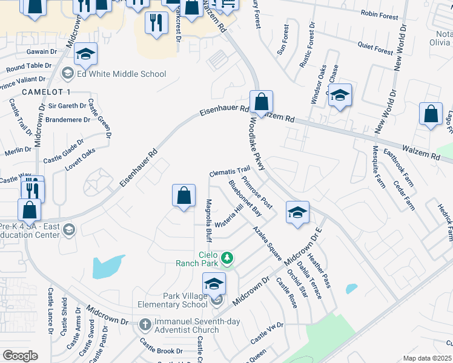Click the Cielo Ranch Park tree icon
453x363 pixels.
[x=227, y=258]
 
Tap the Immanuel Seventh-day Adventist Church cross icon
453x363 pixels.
[x=145, y=324]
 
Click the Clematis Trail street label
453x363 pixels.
[x=230, y=172]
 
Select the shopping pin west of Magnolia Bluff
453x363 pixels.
[x=184, y=196]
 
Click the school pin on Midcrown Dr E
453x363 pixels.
[x=297, y=212]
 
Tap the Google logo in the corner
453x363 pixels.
[x=20, y=356]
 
